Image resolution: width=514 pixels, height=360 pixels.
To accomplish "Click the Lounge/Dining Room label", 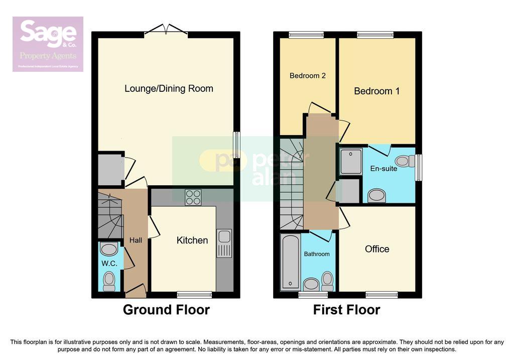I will pos(169,89).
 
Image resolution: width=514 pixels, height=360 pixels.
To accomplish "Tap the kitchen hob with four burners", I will pos(193,197).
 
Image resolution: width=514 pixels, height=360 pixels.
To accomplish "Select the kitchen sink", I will pos(224,244).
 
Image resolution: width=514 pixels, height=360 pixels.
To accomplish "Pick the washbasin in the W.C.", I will pos(108,249).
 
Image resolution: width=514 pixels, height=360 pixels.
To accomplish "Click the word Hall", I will pos(136,241).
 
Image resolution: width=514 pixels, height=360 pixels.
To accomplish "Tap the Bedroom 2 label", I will pos(308,76).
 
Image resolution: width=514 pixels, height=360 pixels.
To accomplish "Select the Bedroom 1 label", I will pos(377,91).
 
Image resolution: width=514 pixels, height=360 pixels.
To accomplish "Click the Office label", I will pos(377,249).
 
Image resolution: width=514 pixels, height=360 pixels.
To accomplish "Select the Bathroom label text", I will pos(317,254).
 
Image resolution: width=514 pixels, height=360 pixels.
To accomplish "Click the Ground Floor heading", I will pos(166,310).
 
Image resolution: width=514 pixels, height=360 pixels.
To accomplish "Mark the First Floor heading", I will pos(346,310).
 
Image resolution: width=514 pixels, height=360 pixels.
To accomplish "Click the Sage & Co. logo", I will pos(48,44).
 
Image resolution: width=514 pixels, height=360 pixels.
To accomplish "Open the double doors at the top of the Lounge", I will pos(166,31).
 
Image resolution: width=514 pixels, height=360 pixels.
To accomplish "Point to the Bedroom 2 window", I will pos(306,35).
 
